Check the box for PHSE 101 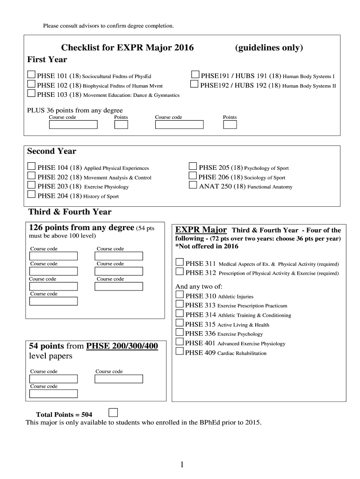pos(31,75)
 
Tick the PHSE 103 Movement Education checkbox pos(31,94)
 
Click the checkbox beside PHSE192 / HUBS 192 pos(194,85)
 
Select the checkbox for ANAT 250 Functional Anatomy pos(193,185)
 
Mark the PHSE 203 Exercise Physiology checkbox pos(31,185)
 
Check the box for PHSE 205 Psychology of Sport pos(193,167)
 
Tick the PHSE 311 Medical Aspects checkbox pos(180,262)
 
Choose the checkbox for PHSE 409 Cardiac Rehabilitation pos(180,351)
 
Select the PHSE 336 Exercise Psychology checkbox pos(180,333)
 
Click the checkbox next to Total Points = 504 pos(113,412)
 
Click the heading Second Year pos(51,151)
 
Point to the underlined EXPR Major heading pos(201,230)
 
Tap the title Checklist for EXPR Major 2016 pos(127,48)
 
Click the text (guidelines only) pos(269,48)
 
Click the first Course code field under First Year pos(73,125)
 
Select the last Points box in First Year pos(230,125)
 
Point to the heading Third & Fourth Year pos(70,212)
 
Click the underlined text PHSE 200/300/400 pos(122,346)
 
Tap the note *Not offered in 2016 pos(207,246)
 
